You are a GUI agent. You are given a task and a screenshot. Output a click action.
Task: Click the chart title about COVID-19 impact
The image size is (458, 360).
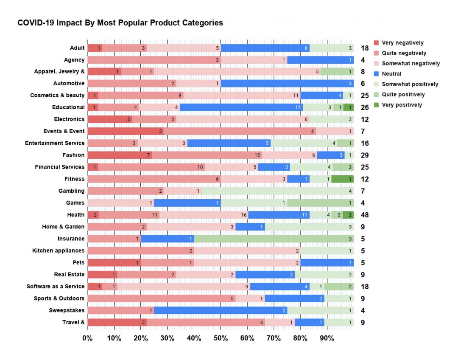(x=120, y=23)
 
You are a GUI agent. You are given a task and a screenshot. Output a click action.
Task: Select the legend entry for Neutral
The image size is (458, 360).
(x=391, y=74)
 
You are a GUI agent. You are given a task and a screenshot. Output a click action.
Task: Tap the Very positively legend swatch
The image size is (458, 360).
(x=377, y=105)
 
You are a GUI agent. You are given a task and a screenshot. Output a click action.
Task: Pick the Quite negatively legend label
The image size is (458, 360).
(x=404, y=53)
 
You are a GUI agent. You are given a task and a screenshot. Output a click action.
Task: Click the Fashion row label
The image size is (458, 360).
(x=73, y=155)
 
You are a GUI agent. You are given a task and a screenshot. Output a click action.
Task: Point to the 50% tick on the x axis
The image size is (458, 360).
(x=221, y=338)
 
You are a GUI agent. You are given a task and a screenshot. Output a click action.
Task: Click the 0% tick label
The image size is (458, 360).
(x=87, y=338)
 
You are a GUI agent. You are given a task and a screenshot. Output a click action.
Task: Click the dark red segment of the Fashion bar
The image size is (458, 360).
(x=120, y=155)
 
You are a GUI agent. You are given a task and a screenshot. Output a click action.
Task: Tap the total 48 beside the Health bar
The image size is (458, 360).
(x=365, y=215)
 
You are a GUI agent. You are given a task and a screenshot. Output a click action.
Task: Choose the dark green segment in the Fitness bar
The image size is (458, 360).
(x=342, y=179)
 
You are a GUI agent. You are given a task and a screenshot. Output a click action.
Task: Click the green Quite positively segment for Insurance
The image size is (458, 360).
(x=274, y=239)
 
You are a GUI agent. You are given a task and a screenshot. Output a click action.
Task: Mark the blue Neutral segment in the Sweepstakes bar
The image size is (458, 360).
(x=220, y=310)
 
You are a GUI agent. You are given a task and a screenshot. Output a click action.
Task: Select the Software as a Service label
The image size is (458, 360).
(x=56, y=287)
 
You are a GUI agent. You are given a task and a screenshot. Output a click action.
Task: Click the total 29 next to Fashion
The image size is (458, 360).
(x=365, y=155)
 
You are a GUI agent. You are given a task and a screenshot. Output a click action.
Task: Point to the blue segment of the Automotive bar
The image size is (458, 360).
(x=287, y=84)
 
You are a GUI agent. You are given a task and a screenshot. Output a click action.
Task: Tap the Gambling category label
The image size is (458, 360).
(x=72, y=191)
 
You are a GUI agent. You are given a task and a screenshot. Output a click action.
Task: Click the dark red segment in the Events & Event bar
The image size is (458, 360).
(x=126, y=131)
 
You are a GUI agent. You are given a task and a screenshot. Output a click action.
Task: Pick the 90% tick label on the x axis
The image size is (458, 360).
(x=327, y=338)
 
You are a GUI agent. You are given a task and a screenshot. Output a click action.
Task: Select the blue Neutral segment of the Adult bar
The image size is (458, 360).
(x=265, y=48)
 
